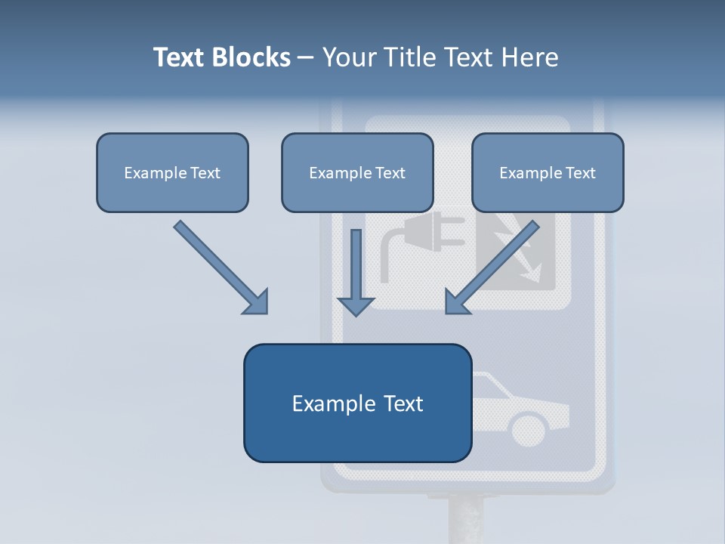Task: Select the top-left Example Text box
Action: (172, 173)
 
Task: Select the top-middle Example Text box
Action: (357, 173)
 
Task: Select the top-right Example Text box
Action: (548, 173)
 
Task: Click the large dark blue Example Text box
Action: (357, 403)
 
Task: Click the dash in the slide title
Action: (306, 58)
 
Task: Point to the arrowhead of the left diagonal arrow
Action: (257, 302)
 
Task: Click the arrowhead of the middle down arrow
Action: (356, 305)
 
